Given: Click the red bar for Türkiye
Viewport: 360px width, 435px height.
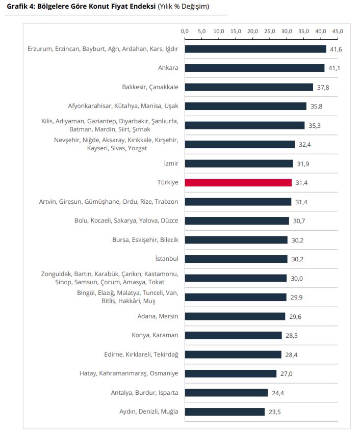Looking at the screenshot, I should tap(238, 182).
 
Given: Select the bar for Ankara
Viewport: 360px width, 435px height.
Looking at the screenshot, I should tap(254, 68).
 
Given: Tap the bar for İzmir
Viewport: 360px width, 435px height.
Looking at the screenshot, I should tap(239, 164).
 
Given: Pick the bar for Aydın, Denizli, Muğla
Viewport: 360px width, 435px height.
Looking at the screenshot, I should tap(224, 412).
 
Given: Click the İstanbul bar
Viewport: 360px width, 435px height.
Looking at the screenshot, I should tap(236, 259).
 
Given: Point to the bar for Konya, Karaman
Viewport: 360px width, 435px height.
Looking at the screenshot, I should tap(233, 335).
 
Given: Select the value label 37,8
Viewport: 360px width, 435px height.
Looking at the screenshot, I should tap(323, 87).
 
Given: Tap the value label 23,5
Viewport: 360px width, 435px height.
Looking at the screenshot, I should tap(274, 412).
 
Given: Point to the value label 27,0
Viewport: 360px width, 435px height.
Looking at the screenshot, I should tap(286, 373).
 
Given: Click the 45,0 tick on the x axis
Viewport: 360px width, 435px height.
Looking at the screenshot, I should tap(338, 32).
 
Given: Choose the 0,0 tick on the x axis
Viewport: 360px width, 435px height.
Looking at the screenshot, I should tap(185, 32).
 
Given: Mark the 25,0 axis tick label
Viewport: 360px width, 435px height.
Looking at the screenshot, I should tap(270, 32).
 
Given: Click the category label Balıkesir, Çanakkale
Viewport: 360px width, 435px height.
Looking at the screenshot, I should tap(150, 87).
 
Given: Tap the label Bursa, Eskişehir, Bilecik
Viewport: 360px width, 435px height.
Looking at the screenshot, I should tap(145, 240).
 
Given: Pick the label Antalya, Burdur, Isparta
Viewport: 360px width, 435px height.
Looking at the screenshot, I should tap(144, 393).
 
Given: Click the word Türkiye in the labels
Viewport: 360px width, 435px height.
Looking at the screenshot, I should tap(168, 182).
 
